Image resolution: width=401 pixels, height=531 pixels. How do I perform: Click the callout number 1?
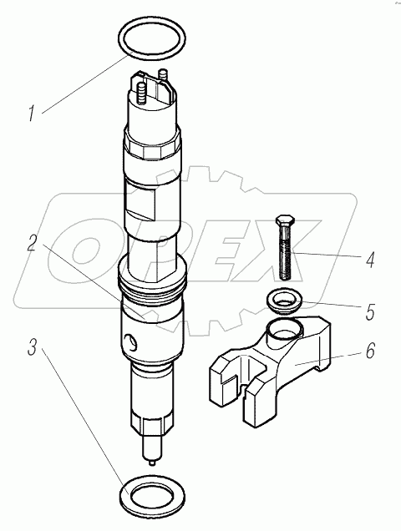click(x=32, y=114)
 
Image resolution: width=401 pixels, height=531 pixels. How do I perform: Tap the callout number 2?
click(x=32, y=243)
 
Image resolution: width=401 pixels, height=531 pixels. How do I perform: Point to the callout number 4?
click(x=370, y=260)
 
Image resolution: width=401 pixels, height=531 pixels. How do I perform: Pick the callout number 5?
click(x=370, y=312)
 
